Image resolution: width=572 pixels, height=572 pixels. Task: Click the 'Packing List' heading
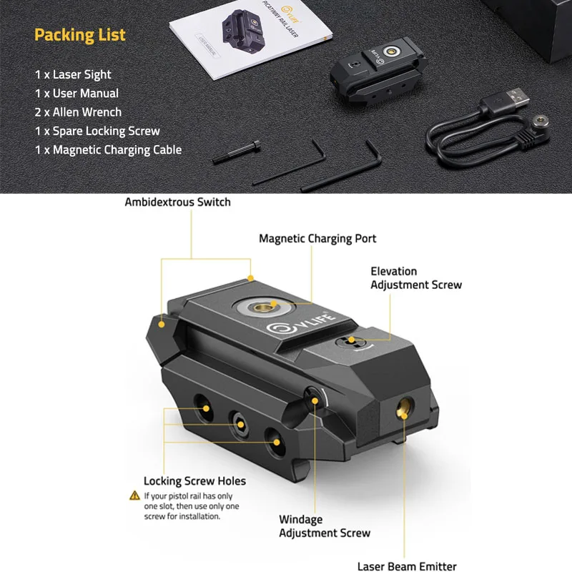point(79,34)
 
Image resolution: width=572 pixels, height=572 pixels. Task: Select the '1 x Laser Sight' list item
point(73,74)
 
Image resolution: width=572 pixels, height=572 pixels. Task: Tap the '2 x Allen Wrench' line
point(78,112)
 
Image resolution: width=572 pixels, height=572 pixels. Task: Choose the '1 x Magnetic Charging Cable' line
point(108,149)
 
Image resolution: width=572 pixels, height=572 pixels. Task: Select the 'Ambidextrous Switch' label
point(177,202)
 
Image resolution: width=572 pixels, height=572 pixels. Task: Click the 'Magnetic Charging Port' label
point(317,238)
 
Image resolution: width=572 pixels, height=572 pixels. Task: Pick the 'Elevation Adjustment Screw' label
point(416,278)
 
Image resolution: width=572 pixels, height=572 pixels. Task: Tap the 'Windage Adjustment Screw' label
point(324,526)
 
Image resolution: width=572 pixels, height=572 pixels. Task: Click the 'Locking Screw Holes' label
point(194,481)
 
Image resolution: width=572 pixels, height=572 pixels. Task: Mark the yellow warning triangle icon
point(134,495)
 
